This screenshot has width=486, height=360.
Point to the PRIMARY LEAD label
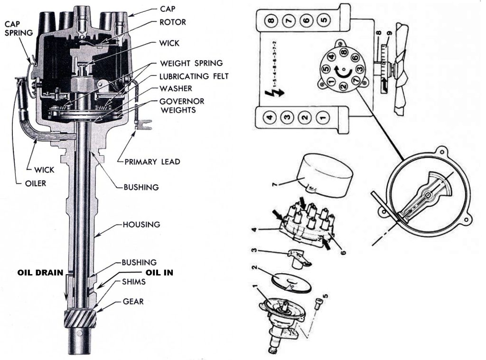(152, 162)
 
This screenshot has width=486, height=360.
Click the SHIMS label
(133, 281)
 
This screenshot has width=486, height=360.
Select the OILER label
(35, 184)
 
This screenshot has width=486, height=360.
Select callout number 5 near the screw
(325, 298)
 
